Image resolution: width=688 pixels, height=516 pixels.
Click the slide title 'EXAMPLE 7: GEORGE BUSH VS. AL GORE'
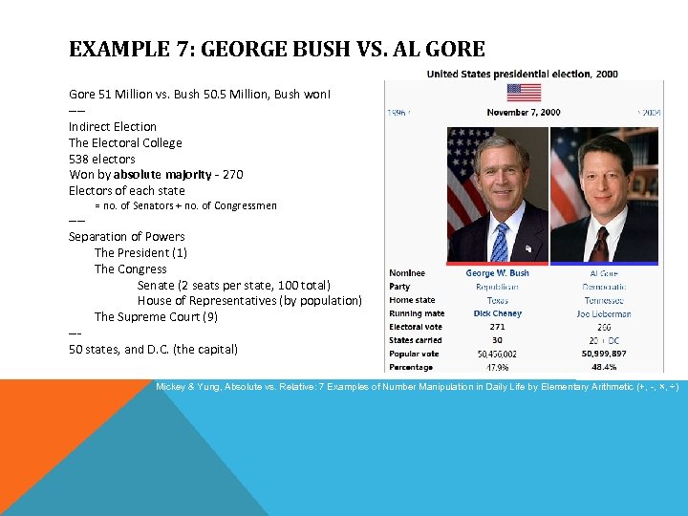[x=277, y=50]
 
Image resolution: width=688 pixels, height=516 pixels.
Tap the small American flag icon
[x=523, y=92]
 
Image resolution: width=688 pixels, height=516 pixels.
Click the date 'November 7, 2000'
[x=523, y=112]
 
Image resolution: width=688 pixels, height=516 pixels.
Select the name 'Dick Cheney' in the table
[x=497, y=313]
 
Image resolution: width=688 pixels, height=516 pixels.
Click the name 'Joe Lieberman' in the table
[x=604, y=313]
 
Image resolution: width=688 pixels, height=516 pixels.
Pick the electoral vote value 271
[x=497, y=327]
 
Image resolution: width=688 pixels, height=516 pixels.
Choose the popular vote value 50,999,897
[x=604, y=354]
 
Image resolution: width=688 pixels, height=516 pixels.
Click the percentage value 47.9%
[x=497, y=367]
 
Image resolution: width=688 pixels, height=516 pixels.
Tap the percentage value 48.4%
[x=604, y=367]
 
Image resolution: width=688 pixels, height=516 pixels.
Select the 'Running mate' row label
[x=417, y=313]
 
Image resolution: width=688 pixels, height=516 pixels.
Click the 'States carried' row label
[x=416, y=340]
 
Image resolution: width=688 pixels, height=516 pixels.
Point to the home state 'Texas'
[x=497, y=300]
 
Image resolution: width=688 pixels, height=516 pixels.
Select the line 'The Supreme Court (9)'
[x=156, y=316]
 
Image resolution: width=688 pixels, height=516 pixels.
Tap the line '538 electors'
[x=102, y=159]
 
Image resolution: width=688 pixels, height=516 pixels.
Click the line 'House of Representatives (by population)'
[x=249, y=300]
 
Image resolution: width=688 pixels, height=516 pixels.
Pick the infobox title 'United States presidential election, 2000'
[x=522, y=74]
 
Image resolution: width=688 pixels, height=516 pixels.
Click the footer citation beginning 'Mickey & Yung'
[x=417, y=387]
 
